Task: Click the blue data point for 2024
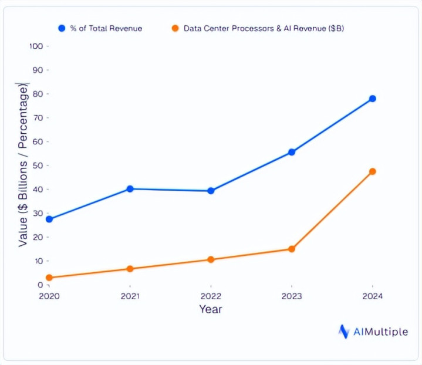(372, 99)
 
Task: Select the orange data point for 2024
(372, 171)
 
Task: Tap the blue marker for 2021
(130, 189)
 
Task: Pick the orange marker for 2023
(292, 249)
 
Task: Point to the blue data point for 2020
(49, 219)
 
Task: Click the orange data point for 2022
(211, 259)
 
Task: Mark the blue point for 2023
(292, 152)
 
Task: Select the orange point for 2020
(49, 278)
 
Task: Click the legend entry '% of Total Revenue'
(106, 28)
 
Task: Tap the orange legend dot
(174, 28)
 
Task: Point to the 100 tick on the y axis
(36, 46)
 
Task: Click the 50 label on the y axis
(38, 165)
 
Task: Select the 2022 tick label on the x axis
(211, 296)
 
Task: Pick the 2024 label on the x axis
(372, 296)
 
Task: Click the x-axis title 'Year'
(211, 309)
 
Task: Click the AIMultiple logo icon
(344, 332)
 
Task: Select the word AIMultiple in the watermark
(381, 332)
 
